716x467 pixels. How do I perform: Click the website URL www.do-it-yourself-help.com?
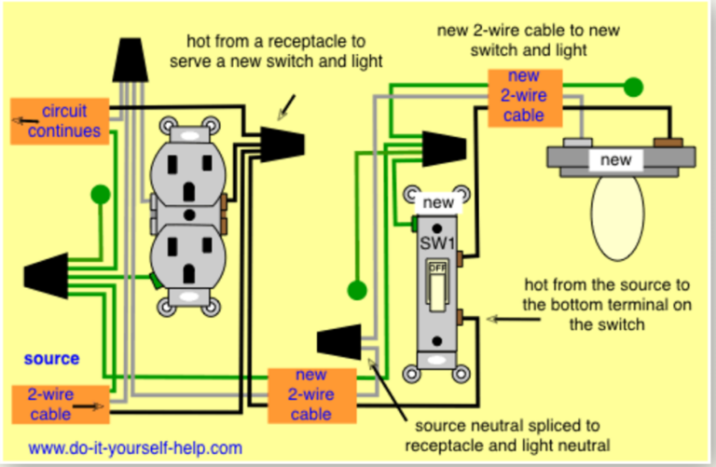point(135,447)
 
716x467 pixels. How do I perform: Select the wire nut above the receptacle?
point(131,61)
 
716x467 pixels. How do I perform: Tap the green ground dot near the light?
point(633,88)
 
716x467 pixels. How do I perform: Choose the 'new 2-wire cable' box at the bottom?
point(311,395)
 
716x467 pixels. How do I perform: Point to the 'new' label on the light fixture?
point(616,160)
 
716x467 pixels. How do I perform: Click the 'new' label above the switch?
point(437,201)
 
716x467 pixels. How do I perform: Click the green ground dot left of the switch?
point(354,289)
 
